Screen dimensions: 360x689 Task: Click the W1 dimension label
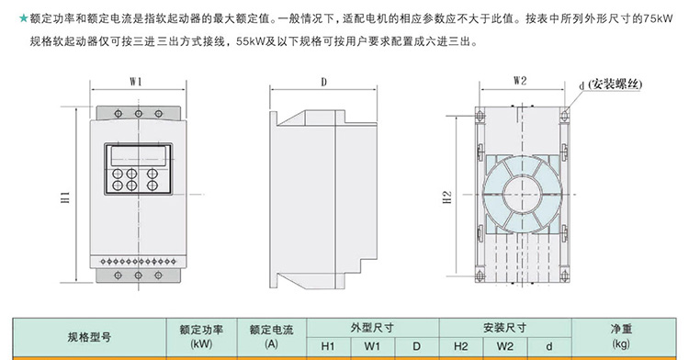tap(135, 82)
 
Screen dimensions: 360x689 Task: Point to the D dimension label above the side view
tap(324, 82)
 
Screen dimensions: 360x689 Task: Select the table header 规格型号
tap(90, 336)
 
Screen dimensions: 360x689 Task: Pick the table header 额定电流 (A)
tap(270, 336)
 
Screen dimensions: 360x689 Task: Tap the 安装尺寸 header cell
tap(504, 327)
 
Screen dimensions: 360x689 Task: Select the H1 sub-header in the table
tap(328, 347)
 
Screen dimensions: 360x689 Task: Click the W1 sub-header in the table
tap(372, 347)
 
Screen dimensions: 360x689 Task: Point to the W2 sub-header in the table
tap(504, 347)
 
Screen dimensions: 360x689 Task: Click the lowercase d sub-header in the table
tap(548, 347)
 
